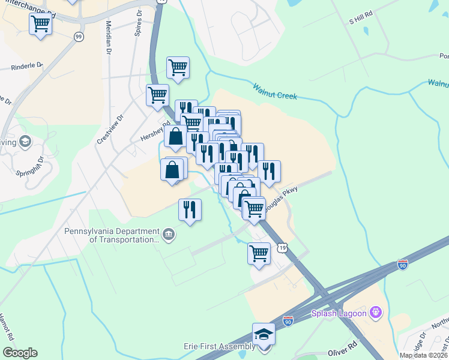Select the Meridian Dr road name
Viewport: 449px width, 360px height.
109,38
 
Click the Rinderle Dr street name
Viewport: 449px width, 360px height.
27,67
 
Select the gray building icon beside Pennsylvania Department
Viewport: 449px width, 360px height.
169,234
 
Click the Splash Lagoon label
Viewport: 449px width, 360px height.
339,313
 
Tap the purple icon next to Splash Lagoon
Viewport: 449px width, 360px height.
376,312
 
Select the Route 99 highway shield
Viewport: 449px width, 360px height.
79,37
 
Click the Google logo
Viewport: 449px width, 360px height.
20,352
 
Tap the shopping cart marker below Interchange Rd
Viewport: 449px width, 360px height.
40,25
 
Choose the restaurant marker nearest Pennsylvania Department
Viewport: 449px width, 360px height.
190,211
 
